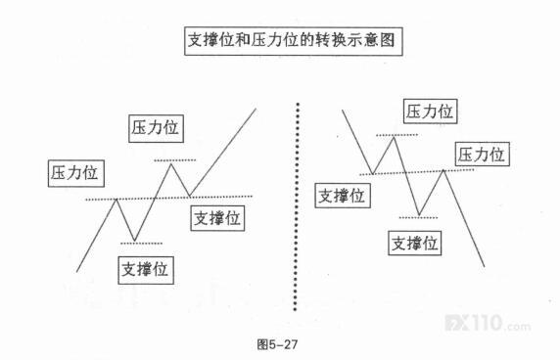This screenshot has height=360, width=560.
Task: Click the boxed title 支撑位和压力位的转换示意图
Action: tap(293, 41)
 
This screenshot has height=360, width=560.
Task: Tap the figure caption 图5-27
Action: tap(277, 344)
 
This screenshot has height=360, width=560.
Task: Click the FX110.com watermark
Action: tap(488, 323)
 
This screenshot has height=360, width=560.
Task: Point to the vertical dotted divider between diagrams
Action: tap(297, 207)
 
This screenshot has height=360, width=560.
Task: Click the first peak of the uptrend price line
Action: tap(117, 200)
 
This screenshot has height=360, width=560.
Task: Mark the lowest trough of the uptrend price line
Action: tap(135, 240)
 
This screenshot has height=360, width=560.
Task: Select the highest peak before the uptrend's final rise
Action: tap(171, 163)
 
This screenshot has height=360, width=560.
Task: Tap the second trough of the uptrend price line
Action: tap(189, 196)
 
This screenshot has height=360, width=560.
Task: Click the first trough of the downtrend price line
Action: tap(372, 174)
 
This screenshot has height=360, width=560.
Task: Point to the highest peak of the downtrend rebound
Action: tap(394, 137)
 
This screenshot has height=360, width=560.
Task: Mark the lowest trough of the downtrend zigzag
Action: tap(419, 215)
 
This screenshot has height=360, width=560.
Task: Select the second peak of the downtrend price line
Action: tap(443, 170)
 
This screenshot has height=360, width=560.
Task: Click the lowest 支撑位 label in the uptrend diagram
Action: tap(146, 270)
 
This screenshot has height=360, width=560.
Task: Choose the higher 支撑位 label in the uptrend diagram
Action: tap(217, 218)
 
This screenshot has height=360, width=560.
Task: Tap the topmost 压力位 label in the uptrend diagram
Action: tap(156, 128)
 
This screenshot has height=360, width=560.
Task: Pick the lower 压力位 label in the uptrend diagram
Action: tap(76, 173)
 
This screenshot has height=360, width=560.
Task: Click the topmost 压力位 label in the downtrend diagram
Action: tap(431, 112)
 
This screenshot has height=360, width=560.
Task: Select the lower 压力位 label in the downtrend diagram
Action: tap(482, 155)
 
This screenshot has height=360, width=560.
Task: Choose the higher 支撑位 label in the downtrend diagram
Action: tap(343, 196)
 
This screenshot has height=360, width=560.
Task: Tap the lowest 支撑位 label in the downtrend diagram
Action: tap(415, 244)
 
